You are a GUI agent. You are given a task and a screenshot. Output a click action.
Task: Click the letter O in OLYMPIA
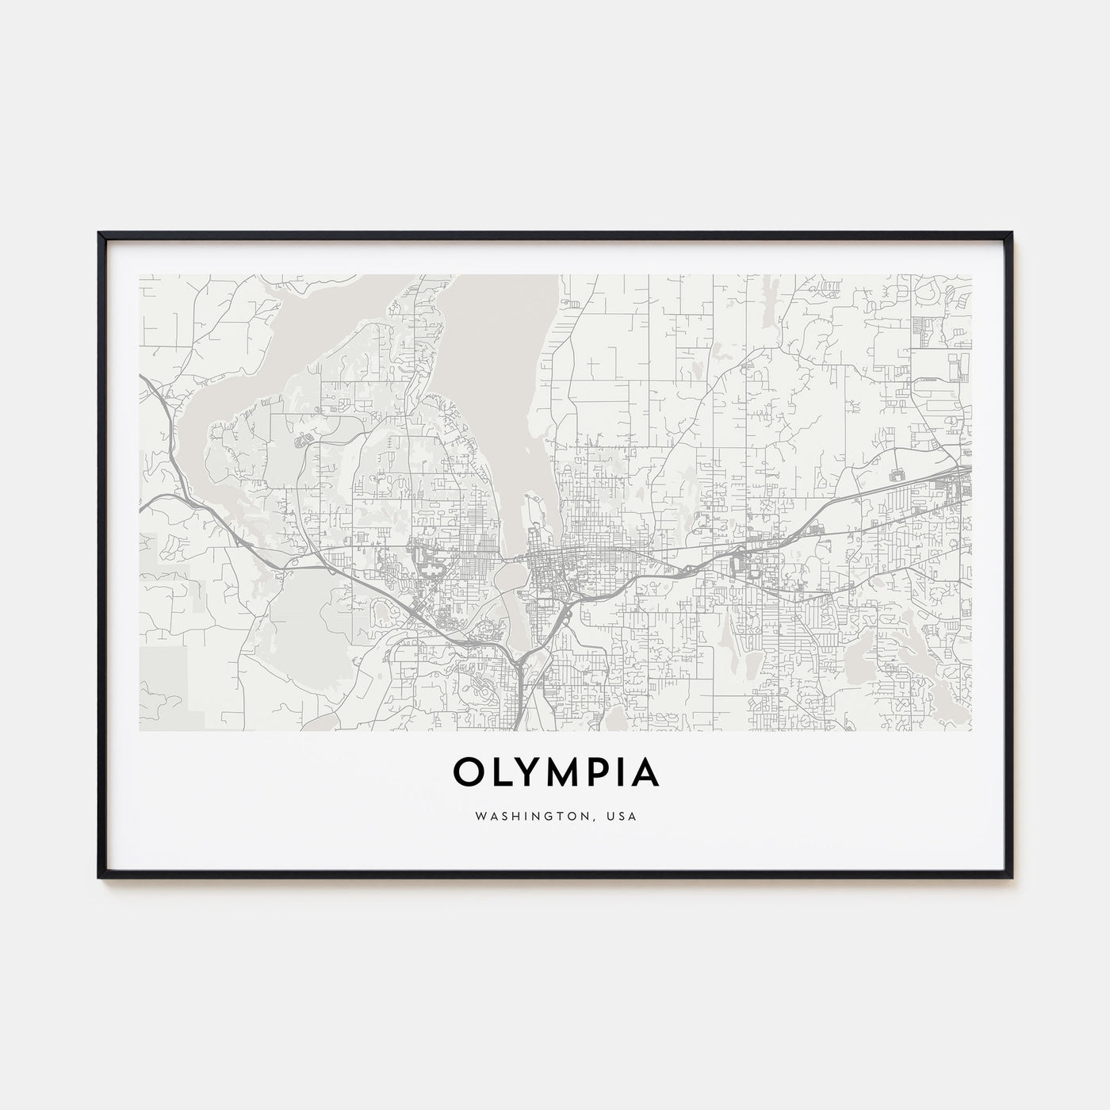[469, 773]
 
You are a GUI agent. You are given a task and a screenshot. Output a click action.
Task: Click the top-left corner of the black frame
[99, 233]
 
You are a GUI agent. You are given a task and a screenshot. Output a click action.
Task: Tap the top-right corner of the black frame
[1012, 233]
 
